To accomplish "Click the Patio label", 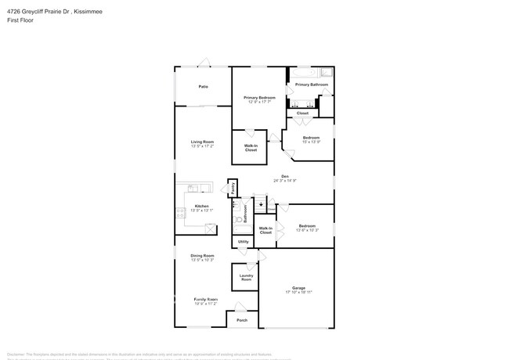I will click(203, 86).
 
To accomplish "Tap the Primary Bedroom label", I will click(258, 97).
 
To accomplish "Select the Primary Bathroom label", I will click(312, 84).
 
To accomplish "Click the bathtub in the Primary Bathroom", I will click(311, 72).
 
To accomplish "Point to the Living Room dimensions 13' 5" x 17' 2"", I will click(203, 146).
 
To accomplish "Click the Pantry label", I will click(233, 188).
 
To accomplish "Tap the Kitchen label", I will click(202, 206).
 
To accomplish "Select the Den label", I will click(285, 176).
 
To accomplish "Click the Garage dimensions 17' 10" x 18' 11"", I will click(298, 292).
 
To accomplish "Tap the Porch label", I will click(242, 319).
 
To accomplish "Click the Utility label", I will click(244, 243).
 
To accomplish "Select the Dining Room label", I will click(202, 255).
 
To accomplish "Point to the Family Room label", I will click(205, 299).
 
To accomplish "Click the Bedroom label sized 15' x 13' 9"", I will click(311, 137).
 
